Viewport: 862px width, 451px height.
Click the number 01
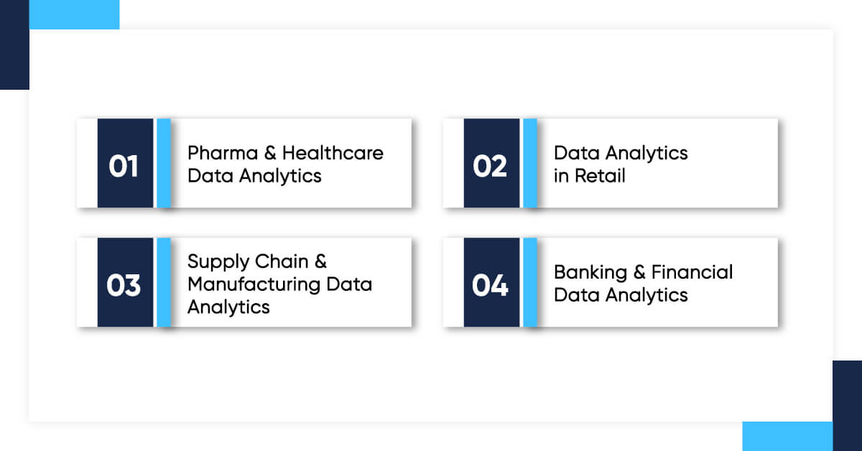124,167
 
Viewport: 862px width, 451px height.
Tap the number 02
490,167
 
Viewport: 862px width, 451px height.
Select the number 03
124,286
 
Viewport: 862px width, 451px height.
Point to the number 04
490,286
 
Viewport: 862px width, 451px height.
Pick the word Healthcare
333,153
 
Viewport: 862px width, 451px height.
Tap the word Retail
599,176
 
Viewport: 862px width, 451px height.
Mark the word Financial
692,272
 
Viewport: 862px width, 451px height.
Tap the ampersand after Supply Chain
320,261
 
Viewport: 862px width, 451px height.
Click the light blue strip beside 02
529,164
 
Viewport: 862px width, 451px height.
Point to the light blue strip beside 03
163,283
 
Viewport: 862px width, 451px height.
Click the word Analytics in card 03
228,307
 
